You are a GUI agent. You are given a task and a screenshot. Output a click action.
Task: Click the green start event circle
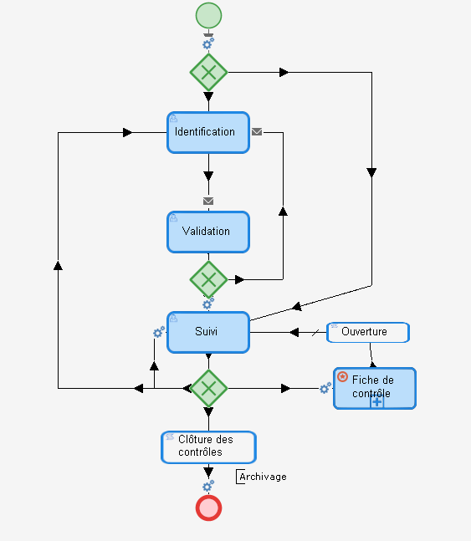tap(208, 15)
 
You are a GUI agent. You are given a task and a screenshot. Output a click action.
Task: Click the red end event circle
tap(208, 508)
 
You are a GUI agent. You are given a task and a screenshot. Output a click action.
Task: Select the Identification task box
tap(208, 132)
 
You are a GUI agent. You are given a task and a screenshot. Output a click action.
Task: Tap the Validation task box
tap(208, 232)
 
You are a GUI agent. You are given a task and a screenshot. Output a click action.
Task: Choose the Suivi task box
tap(208, 332)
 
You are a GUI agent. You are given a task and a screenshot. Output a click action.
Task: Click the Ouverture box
tap(368, 332)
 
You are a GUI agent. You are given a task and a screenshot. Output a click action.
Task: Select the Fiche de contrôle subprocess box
tap(375, 388)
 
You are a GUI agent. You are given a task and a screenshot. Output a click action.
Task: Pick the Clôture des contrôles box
tap(208, 447)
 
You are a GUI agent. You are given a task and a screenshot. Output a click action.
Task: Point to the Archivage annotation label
tap(263, 477)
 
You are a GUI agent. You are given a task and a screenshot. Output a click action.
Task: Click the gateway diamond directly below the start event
tap(208, 73)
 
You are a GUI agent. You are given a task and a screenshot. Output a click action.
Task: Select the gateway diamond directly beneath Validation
tap(208, 278)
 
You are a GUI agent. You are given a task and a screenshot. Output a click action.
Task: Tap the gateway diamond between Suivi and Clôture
tap(208, 388)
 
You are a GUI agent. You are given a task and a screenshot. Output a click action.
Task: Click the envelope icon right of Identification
tap(257, 131)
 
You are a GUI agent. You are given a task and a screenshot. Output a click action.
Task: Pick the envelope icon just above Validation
tap(208, 201)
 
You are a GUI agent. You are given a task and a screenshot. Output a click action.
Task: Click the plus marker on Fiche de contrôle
tap(377, 402)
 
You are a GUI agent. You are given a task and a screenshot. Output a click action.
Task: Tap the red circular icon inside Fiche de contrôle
tap(342, 377)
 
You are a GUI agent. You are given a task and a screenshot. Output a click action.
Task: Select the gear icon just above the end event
tap(208, 486)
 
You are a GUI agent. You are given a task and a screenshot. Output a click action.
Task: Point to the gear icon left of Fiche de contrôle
tap(325, 388)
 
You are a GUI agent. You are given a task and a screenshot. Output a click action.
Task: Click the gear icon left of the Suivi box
tap(159, 332)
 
